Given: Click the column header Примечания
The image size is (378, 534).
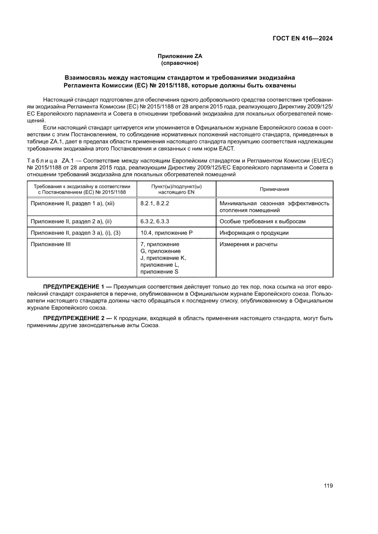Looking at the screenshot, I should coord(274,189).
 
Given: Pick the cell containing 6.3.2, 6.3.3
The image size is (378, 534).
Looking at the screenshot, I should coord(155,221).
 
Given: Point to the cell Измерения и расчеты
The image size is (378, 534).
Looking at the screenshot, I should coord(248,244).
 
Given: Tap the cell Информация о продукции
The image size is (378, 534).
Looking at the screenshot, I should coord(254,233).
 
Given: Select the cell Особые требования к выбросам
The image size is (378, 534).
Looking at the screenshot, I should coord(262,221).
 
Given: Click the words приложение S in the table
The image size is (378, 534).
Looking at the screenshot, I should coord(160,272).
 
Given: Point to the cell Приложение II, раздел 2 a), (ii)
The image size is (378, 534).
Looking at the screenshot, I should coord(71,221).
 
